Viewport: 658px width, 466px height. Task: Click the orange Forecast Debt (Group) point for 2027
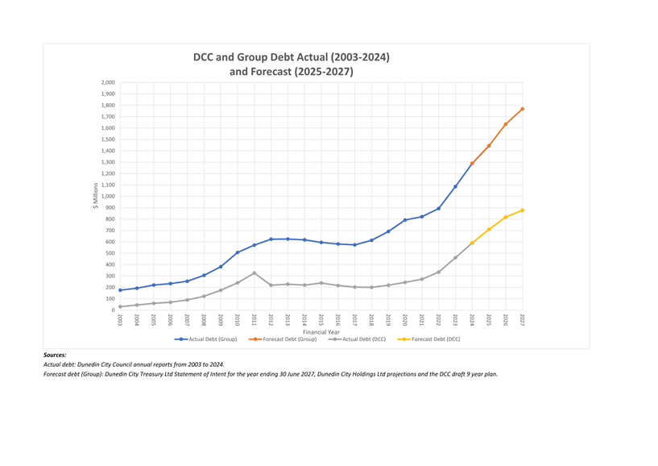coord(522,109)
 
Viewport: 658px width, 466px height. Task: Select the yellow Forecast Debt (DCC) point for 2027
coord(522,210)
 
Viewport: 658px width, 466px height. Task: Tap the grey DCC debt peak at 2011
coord(255,273)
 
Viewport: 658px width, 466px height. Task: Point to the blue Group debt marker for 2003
coord(120,290)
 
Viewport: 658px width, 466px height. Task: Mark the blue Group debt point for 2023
coord(455,186)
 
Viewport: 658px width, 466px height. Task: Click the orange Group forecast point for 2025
coord(489,146)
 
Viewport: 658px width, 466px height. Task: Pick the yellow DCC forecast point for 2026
coord(505,217)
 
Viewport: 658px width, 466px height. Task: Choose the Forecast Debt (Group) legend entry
coord(286,339)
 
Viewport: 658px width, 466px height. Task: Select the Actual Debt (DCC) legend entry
coord(358,339)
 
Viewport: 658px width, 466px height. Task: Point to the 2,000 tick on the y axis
coord(107,83)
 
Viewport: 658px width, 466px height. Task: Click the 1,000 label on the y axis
coord(107,197)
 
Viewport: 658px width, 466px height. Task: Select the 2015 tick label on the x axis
coord(321,320)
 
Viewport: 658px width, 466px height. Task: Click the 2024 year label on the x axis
coord(472,320)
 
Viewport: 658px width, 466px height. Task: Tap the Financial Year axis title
coord(321,331)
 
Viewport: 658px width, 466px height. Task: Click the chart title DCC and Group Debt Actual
coord(291,57)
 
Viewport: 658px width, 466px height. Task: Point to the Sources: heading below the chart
coord(55,355)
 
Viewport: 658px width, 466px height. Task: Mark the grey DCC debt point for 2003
coord(120,306)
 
